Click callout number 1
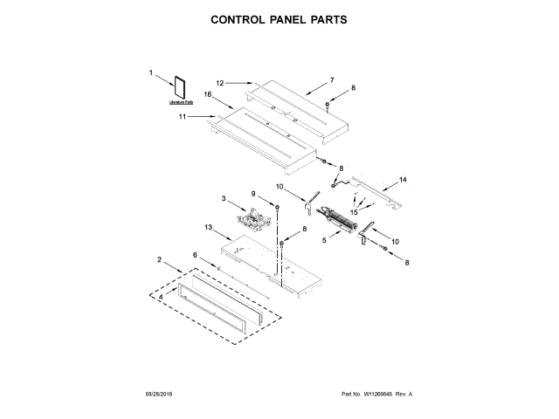[x=150, y=73]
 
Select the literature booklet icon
[x=183, y=88]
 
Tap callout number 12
[x=221, y=83]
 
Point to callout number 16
[x=209, y=94]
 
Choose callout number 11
[x=183, y=115]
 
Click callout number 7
[x=332, y=80]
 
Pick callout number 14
[x=403, y=180]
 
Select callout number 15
[x=355, y=211]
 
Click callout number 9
[x=254, y=194]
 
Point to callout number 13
[x=209, y=227]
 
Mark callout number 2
[x=159, y=259]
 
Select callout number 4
[x=161, y=297]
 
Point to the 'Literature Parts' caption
[x=182, y=103]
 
